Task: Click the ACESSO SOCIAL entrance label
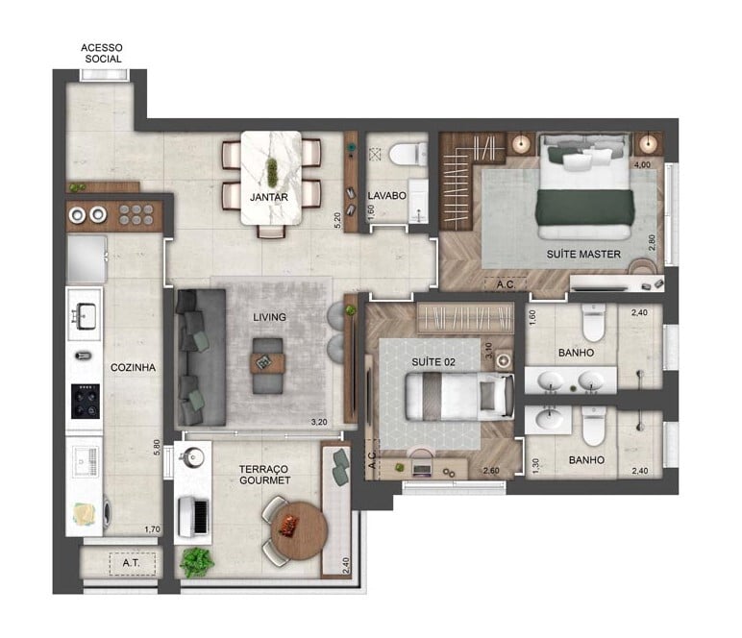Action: click(102, 52)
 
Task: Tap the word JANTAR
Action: click(270, 197)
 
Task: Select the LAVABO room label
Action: click(386, 196)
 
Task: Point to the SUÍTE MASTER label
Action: click(582, 255)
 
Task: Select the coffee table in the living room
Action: click(268, 362)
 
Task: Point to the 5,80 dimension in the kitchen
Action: click(157, 449)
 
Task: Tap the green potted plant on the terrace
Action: click(195, 560)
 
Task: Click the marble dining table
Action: click(270, 181)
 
